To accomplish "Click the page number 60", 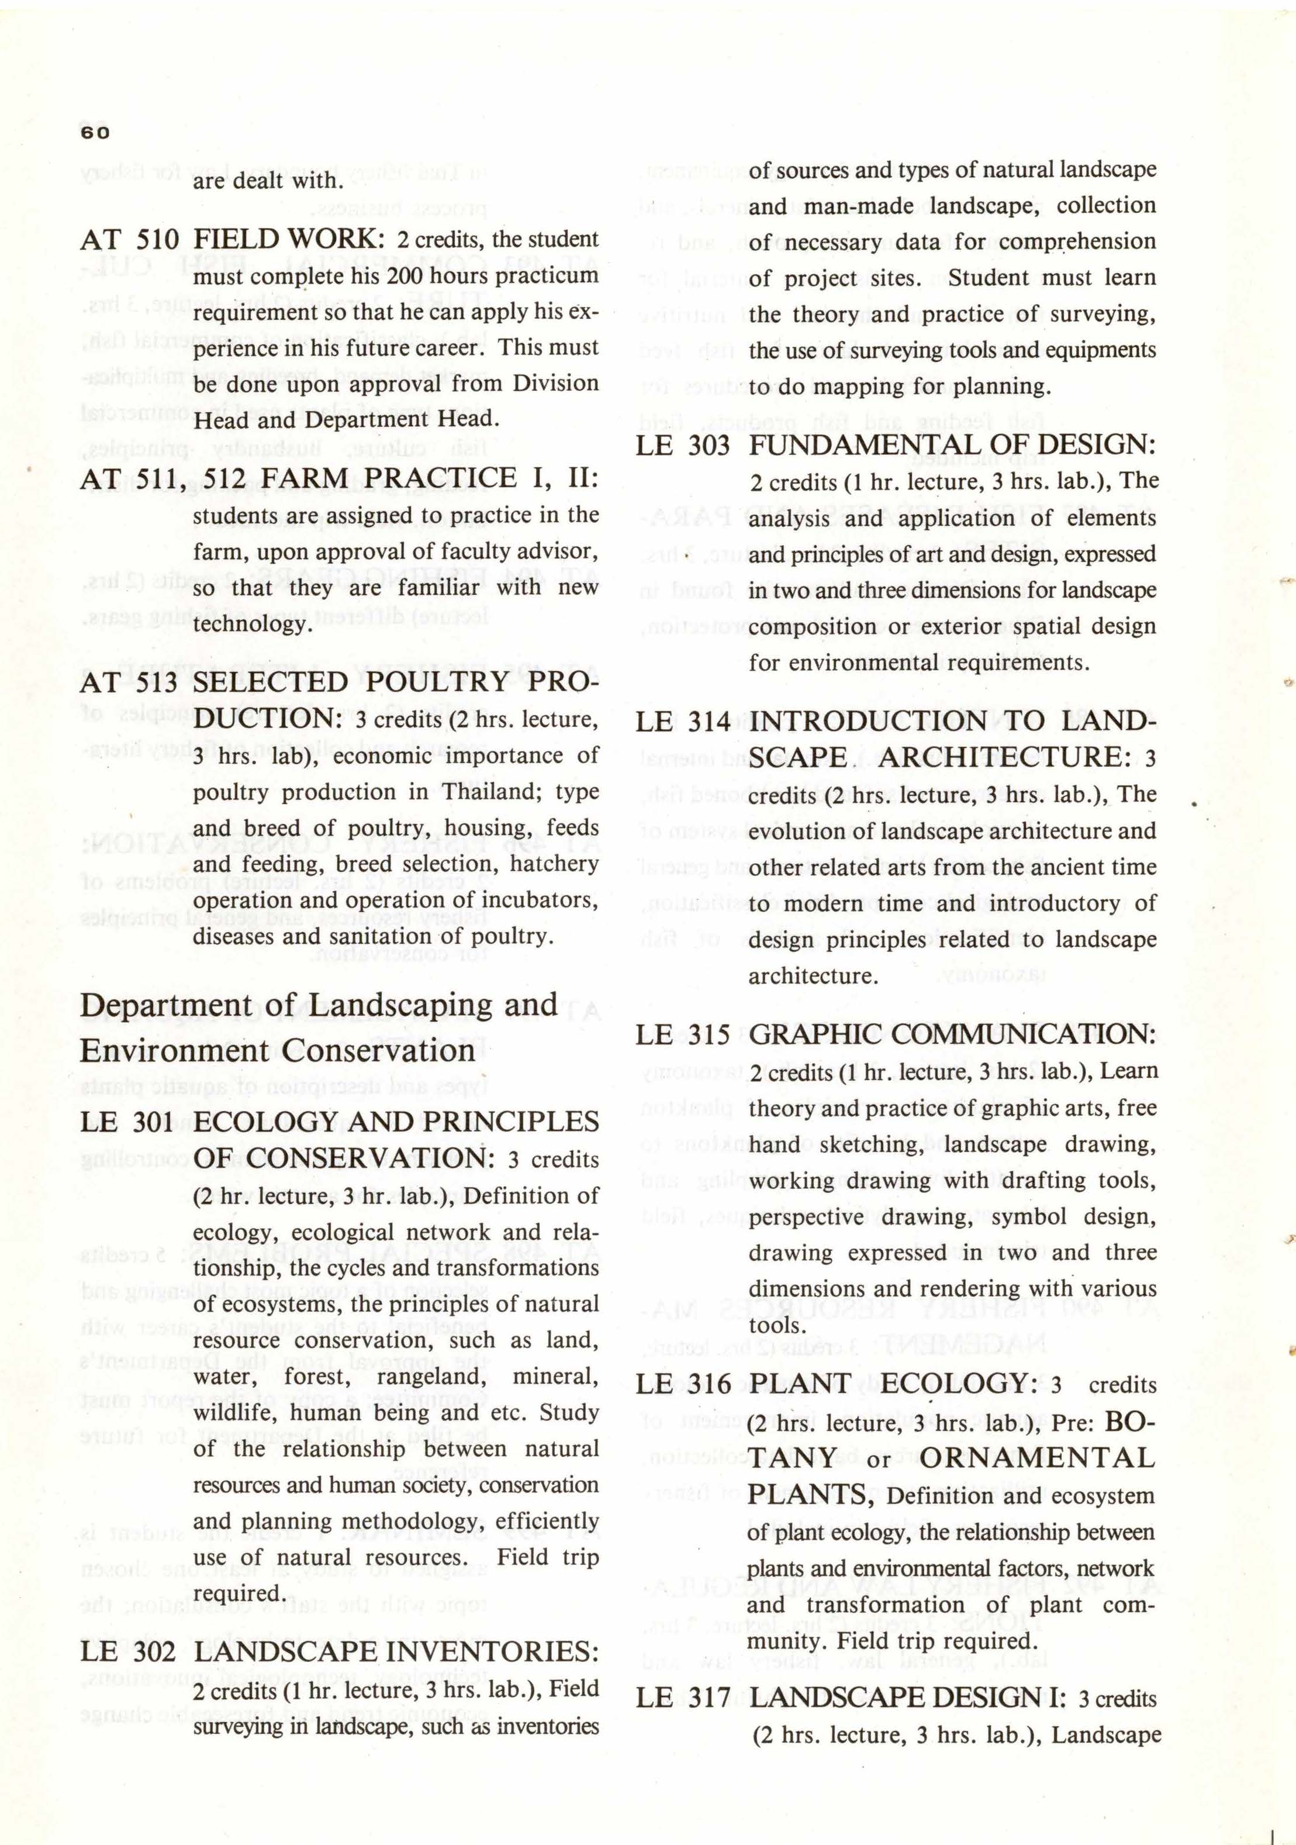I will [95, 133].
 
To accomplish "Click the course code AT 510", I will [130, 239].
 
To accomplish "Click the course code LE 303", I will [682, 445].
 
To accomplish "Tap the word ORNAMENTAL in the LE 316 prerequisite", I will [1036, 1458].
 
